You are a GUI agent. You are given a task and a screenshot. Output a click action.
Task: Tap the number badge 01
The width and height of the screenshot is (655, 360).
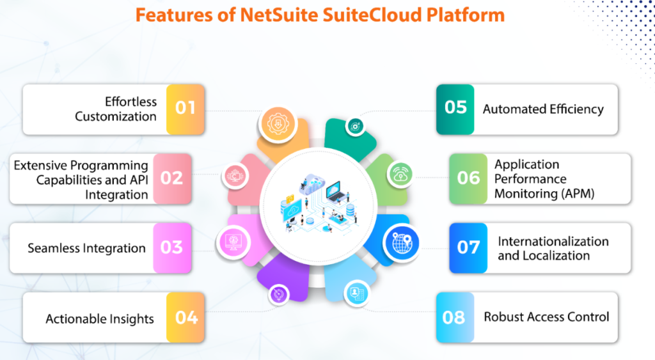pyautogui.click(x=185, y=107)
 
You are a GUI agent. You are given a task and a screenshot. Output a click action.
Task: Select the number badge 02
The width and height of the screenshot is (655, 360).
pyautogui.click(x=172, y=177)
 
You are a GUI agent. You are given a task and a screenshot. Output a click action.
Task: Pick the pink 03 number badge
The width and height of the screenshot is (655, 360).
pyautogui.click(x=172, y=247)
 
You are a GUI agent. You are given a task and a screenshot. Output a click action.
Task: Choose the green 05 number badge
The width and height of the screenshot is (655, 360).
pyautogui.click(x=455, y=107)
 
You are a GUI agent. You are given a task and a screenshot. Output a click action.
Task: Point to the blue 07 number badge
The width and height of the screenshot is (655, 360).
pyautogui.click(x=468, y=247)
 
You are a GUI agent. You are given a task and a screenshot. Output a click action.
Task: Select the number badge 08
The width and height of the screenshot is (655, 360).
pyautogui.click(x=454, y=317)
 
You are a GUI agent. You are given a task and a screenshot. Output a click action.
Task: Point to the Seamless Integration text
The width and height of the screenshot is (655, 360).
pyautogui.click(x=86, y=248)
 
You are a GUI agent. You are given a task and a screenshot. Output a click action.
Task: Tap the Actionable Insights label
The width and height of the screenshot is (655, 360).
pyautogui.click(x=100, y=318)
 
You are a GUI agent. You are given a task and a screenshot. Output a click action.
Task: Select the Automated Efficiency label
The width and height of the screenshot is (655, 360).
pyautogui.click(x=543, y=109)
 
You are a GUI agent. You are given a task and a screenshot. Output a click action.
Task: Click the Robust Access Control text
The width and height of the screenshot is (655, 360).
pyautogui.click(x=546, y=317)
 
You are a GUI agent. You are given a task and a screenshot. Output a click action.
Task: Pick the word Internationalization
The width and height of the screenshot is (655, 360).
pyautogui.click(x=553, y=241)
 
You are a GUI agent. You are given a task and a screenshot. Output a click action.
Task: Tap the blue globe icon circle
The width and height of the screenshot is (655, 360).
pyautogui.click(x=401, y=242)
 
